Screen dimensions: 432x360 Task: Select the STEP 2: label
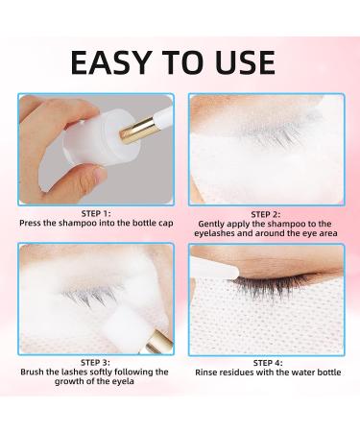(x=266, y=213)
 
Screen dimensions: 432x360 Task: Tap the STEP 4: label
(x=266, y=362)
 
